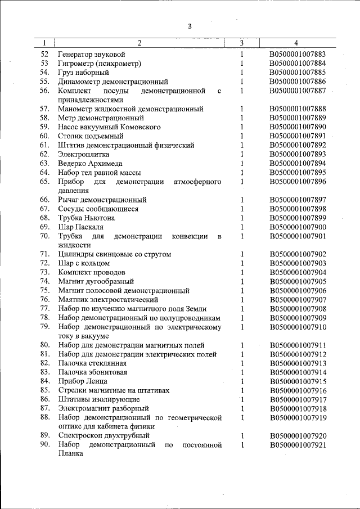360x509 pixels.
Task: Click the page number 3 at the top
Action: click(190, 26)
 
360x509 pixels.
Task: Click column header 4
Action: click(296, 43)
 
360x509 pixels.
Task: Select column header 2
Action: click(139, 43)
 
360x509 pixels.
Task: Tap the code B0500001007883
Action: click(298, 55)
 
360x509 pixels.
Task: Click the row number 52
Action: click(45, 55)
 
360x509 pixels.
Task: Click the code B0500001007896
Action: click(298, 182)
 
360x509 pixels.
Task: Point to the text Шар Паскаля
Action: click(80, 227)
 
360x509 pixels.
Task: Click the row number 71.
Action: click(45, 254)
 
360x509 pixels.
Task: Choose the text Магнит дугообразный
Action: click(96, 281)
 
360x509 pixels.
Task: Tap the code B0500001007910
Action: click(298, 327)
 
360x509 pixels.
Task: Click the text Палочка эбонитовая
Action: click(92, 372)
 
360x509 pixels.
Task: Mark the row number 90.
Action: click(45, 445)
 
